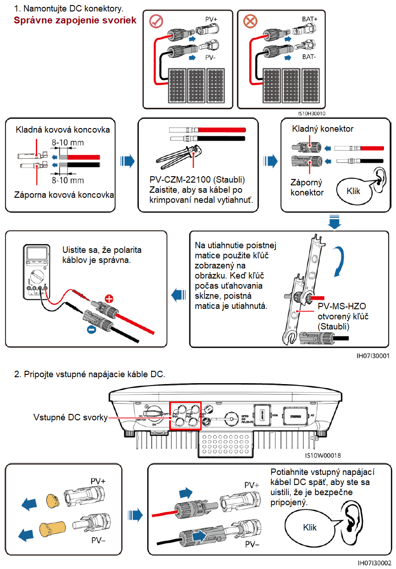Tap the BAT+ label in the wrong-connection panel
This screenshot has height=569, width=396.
309,19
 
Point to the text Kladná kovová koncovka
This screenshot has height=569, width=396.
63,130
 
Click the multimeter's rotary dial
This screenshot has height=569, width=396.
36,277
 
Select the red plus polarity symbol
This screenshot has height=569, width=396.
109,299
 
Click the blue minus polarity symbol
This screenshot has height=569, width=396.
92,329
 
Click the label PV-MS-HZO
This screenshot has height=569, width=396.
341,306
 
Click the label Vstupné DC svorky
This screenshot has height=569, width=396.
70,418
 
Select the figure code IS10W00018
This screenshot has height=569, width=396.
322,456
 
